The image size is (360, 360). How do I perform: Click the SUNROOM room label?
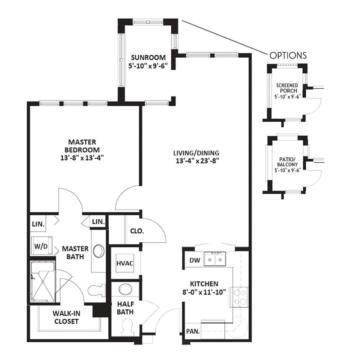(x=148, y=57)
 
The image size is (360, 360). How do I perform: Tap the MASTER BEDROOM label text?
(x=82, y=146)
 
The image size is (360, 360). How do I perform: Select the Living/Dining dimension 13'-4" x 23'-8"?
(x=196, y=161)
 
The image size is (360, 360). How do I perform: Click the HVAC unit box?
(x=125, y=263)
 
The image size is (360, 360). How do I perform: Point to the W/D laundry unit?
(x=42, y=246)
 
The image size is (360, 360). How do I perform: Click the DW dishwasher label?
(x=195, y=260)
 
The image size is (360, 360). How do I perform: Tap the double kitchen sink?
(x=215, y=259)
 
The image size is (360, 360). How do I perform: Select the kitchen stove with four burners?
(x=240, y=297)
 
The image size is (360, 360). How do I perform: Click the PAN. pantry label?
(x=193, y=331)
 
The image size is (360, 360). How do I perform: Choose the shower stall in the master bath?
(x=43, y=282)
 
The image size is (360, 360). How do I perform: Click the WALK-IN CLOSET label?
(x=66, y=317)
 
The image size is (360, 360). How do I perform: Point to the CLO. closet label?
(x=137, y=231)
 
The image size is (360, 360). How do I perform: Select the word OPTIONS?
(x=288, y=56)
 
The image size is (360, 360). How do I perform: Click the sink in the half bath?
(x=125, y=289)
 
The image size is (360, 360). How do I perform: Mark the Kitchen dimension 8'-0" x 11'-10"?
(x=204, y=292)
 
